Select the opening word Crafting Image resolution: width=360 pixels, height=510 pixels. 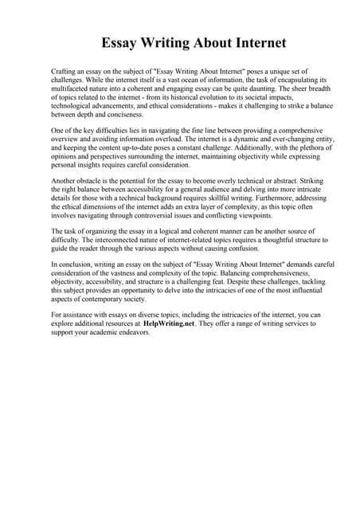pyautogui.click(x=65, y=72)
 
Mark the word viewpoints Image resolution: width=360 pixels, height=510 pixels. pyautogui.click(x=249, y=215)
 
